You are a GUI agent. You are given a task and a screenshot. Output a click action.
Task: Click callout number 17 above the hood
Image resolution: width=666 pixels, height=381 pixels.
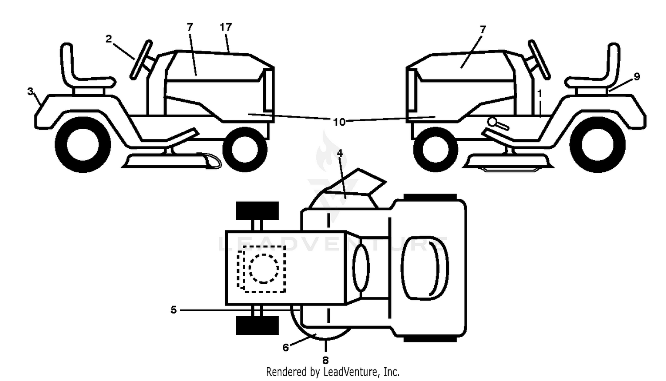pos(226,28)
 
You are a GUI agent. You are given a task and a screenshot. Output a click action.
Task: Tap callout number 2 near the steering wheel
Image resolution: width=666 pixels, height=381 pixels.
pos(108,39)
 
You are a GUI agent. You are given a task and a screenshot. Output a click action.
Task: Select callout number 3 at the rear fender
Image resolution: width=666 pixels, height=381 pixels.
pos(30,91)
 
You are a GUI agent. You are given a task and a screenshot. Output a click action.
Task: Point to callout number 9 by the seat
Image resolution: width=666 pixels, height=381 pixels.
pos(637,77)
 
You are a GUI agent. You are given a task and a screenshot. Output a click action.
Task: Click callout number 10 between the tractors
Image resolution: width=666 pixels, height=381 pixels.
pos(339,122)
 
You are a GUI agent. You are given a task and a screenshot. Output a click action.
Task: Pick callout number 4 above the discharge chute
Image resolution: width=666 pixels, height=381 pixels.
pos(340,153)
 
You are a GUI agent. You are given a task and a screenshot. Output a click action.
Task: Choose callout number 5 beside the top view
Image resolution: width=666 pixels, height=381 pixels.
pos(174,310)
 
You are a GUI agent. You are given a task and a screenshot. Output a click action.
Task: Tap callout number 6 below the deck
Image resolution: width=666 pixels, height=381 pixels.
pos(285,347)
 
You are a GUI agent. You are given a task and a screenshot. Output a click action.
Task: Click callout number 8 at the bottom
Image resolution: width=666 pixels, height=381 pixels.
pos(325,361)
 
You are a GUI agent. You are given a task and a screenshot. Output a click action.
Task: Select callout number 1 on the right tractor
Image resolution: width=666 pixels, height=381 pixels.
pos(540,94)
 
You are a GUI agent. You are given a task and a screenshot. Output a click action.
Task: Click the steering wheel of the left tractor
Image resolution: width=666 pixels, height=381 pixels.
pos(141,60)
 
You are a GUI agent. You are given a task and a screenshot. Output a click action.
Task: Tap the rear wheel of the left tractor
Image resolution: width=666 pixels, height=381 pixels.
pos(83,145)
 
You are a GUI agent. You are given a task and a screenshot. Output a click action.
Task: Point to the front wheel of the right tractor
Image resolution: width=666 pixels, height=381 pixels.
pos(435,150)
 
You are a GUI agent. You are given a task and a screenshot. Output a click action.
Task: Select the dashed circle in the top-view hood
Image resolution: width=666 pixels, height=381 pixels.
pos(264,269)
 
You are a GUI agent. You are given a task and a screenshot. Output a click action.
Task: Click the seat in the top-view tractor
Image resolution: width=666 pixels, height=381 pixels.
pos(424,268)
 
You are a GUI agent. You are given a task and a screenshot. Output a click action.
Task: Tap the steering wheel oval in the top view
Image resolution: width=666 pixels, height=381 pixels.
pos(361,267)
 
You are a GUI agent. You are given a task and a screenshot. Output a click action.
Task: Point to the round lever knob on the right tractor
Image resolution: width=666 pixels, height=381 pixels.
pos(492,122)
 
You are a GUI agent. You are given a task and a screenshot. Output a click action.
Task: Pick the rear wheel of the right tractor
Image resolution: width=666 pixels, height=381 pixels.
pos(598,145)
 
